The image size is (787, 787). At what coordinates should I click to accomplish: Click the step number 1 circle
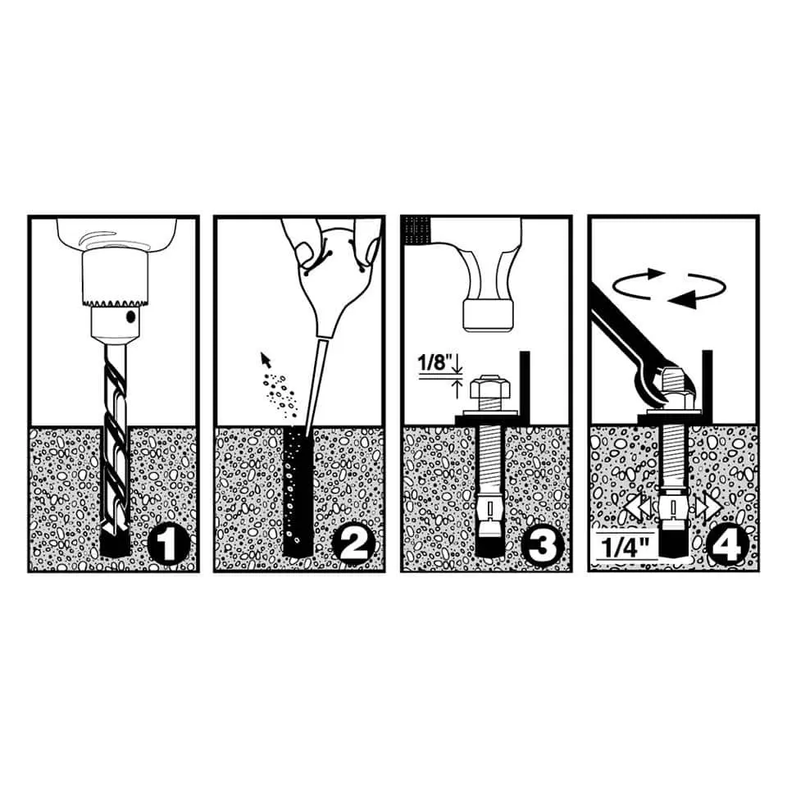click(x=169, y=545)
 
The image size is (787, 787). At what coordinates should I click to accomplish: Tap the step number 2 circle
click(x=354, y=545)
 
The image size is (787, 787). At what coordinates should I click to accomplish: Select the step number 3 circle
click(x=542, y=545)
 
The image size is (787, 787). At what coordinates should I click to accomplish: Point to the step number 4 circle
click(x=727, y=545)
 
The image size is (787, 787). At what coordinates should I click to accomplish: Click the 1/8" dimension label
click(x=434, y=362)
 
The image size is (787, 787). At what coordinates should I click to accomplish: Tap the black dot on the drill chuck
click(x=130, y=316)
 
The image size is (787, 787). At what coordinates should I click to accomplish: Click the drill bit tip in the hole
click(x=114, y=527)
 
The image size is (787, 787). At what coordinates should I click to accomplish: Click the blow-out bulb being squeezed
click(x=332, y=281)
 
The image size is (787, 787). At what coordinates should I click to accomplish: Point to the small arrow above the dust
click(x=266, y=359)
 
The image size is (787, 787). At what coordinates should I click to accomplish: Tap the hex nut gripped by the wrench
click(x=674, y=381)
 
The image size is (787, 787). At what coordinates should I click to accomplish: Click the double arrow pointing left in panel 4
click(x=639, y=508)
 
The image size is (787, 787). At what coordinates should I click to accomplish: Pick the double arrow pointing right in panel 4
click(x=707, y=508)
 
